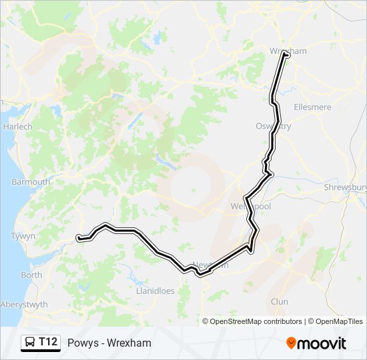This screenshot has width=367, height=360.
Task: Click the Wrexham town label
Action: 288,51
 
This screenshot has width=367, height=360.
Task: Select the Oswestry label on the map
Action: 273,126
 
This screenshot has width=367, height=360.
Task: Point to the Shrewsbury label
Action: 345,188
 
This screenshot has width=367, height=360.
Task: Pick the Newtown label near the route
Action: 210,265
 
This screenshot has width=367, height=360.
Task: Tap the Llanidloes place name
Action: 155,291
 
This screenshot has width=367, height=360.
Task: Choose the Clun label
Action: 280,302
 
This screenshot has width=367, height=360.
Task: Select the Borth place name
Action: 31,275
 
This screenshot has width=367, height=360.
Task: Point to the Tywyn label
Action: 22,236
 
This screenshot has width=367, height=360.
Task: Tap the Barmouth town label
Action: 31,182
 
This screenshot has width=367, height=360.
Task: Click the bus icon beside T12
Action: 31,343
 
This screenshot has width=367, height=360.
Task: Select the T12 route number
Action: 48,343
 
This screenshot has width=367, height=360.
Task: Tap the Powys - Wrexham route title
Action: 109,343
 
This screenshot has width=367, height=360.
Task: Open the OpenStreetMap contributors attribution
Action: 256,321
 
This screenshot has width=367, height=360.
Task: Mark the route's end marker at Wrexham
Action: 287,55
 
